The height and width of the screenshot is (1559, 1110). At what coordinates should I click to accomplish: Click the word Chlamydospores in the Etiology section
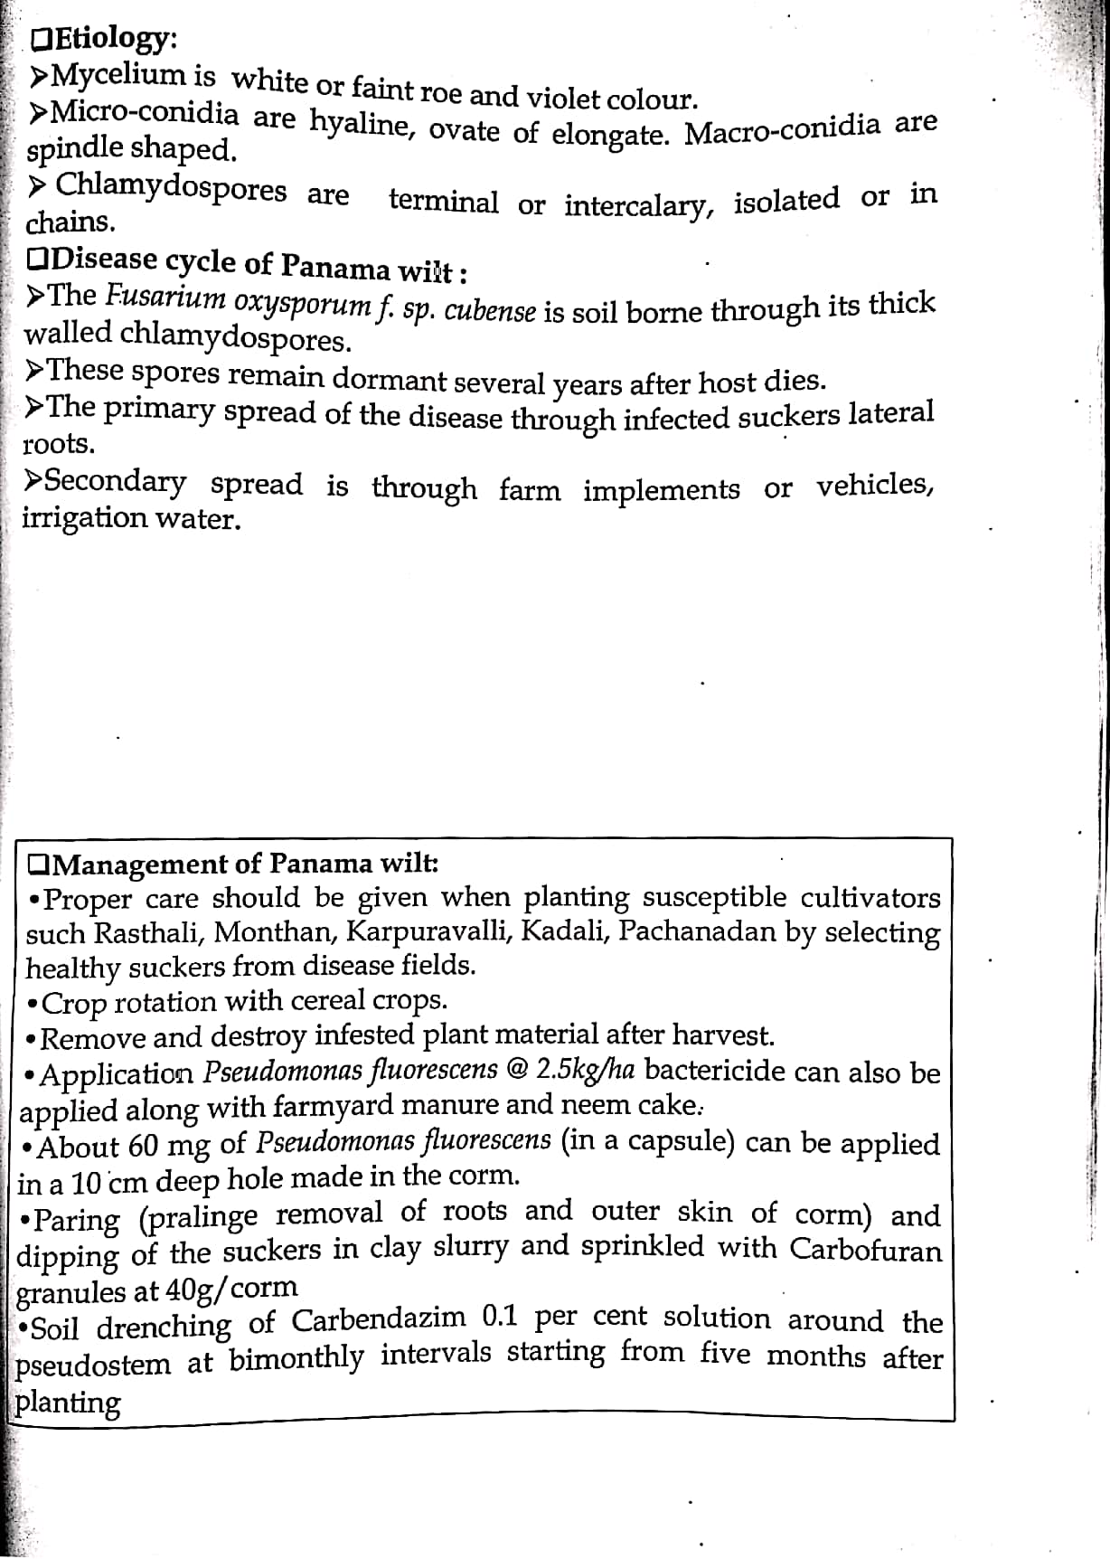click(171, 188)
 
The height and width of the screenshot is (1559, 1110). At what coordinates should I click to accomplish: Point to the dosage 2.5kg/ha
click(585, 1070)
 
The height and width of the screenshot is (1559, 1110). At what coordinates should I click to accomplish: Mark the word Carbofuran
click(865, 1249)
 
